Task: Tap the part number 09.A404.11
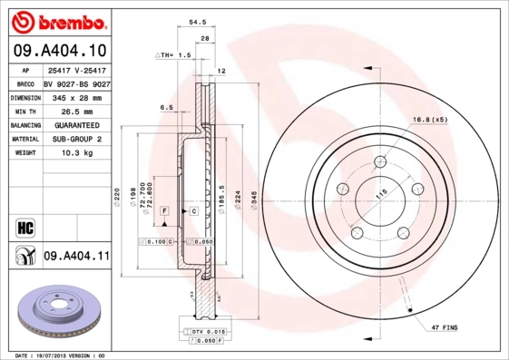[76, 257]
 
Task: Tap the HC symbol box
[24, 226]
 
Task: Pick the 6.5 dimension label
[166, 107]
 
